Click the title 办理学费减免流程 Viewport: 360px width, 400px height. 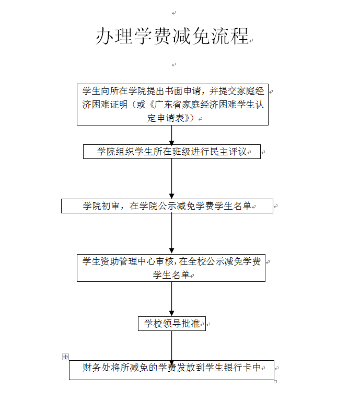coord(172,36)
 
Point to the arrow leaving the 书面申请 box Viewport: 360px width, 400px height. coord(171,135)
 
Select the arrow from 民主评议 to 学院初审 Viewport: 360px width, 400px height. coord(171,179)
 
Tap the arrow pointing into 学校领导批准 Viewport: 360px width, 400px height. coord(171,299)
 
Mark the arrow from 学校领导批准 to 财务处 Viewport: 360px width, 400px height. coord(171,347)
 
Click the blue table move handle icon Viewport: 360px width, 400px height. coord(65,357)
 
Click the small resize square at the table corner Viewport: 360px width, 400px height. coord(275,382)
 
